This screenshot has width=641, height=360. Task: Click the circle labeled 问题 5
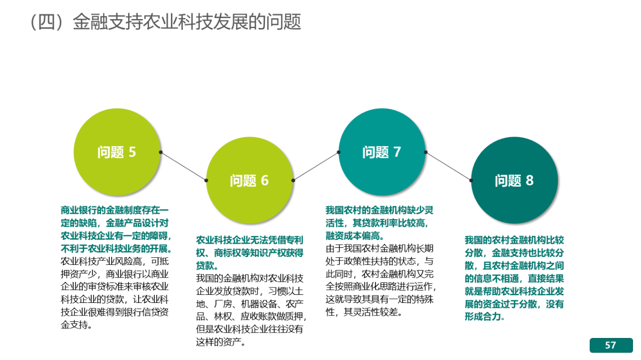117,152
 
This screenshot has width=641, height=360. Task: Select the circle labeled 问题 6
249,180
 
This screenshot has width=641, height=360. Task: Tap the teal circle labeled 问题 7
382,152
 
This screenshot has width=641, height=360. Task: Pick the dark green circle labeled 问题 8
514,180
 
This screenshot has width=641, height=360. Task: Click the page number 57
610,345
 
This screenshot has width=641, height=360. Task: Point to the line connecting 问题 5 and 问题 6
183,166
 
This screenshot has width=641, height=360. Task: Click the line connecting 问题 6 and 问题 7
316,166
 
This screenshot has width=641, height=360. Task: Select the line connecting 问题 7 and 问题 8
448,166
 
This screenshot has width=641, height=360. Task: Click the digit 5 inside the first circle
132,152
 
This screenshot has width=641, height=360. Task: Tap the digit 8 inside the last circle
530,180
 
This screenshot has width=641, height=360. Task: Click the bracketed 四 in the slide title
47,22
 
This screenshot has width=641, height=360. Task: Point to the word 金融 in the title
90,22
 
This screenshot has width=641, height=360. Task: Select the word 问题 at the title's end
283,22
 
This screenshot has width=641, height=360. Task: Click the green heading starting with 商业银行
116,229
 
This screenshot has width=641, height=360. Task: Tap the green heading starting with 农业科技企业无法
249,253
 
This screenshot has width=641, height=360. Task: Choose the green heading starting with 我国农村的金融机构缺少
380,223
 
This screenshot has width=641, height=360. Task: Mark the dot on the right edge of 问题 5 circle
161,152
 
